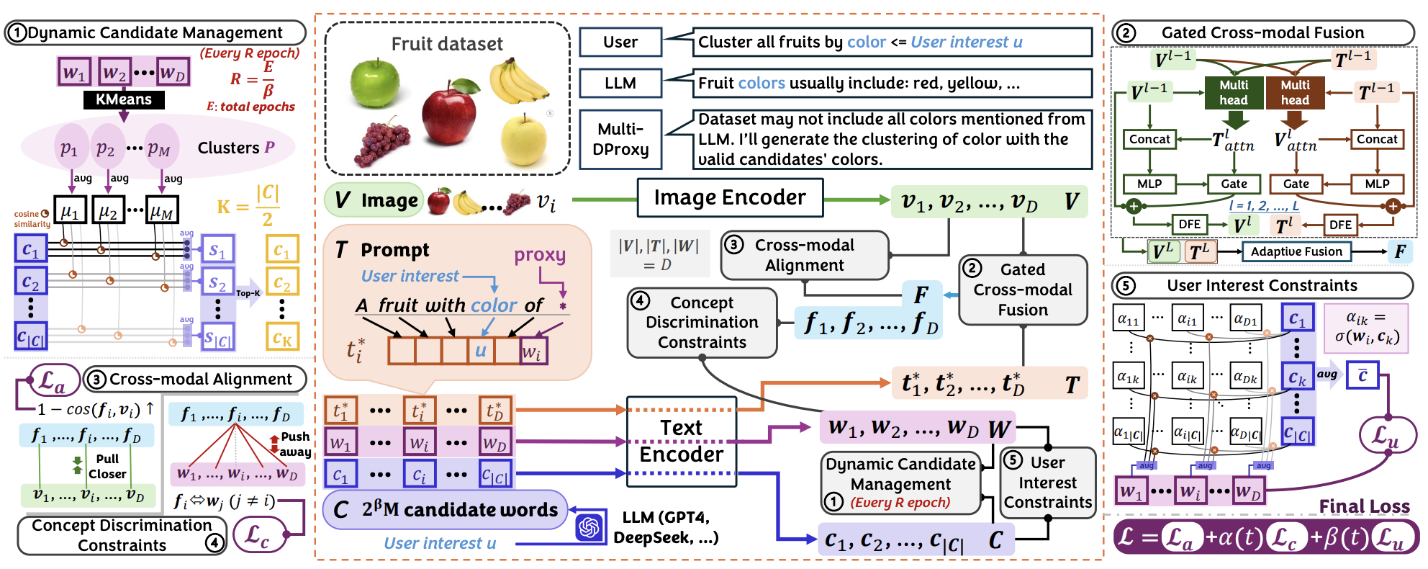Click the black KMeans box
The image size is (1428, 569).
124,99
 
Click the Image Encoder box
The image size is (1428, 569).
730,197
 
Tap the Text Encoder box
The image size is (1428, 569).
681,442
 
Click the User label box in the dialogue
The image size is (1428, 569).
620,42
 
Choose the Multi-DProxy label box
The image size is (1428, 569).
620,139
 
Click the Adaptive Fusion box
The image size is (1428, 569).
1296,251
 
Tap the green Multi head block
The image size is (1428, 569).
1234,92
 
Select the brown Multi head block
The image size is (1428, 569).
1295,92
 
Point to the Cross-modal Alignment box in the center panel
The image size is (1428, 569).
804,255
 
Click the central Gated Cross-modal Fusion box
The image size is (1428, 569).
1022,290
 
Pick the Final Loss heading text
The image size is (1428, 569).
1364,506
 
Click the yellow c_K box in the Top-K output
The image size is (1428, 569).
282,336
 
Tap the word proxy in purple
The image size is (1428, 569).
539,254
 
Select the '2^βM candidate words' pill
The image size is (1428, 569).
446,510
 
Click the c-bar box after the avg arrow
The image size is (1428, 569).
1362,375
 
